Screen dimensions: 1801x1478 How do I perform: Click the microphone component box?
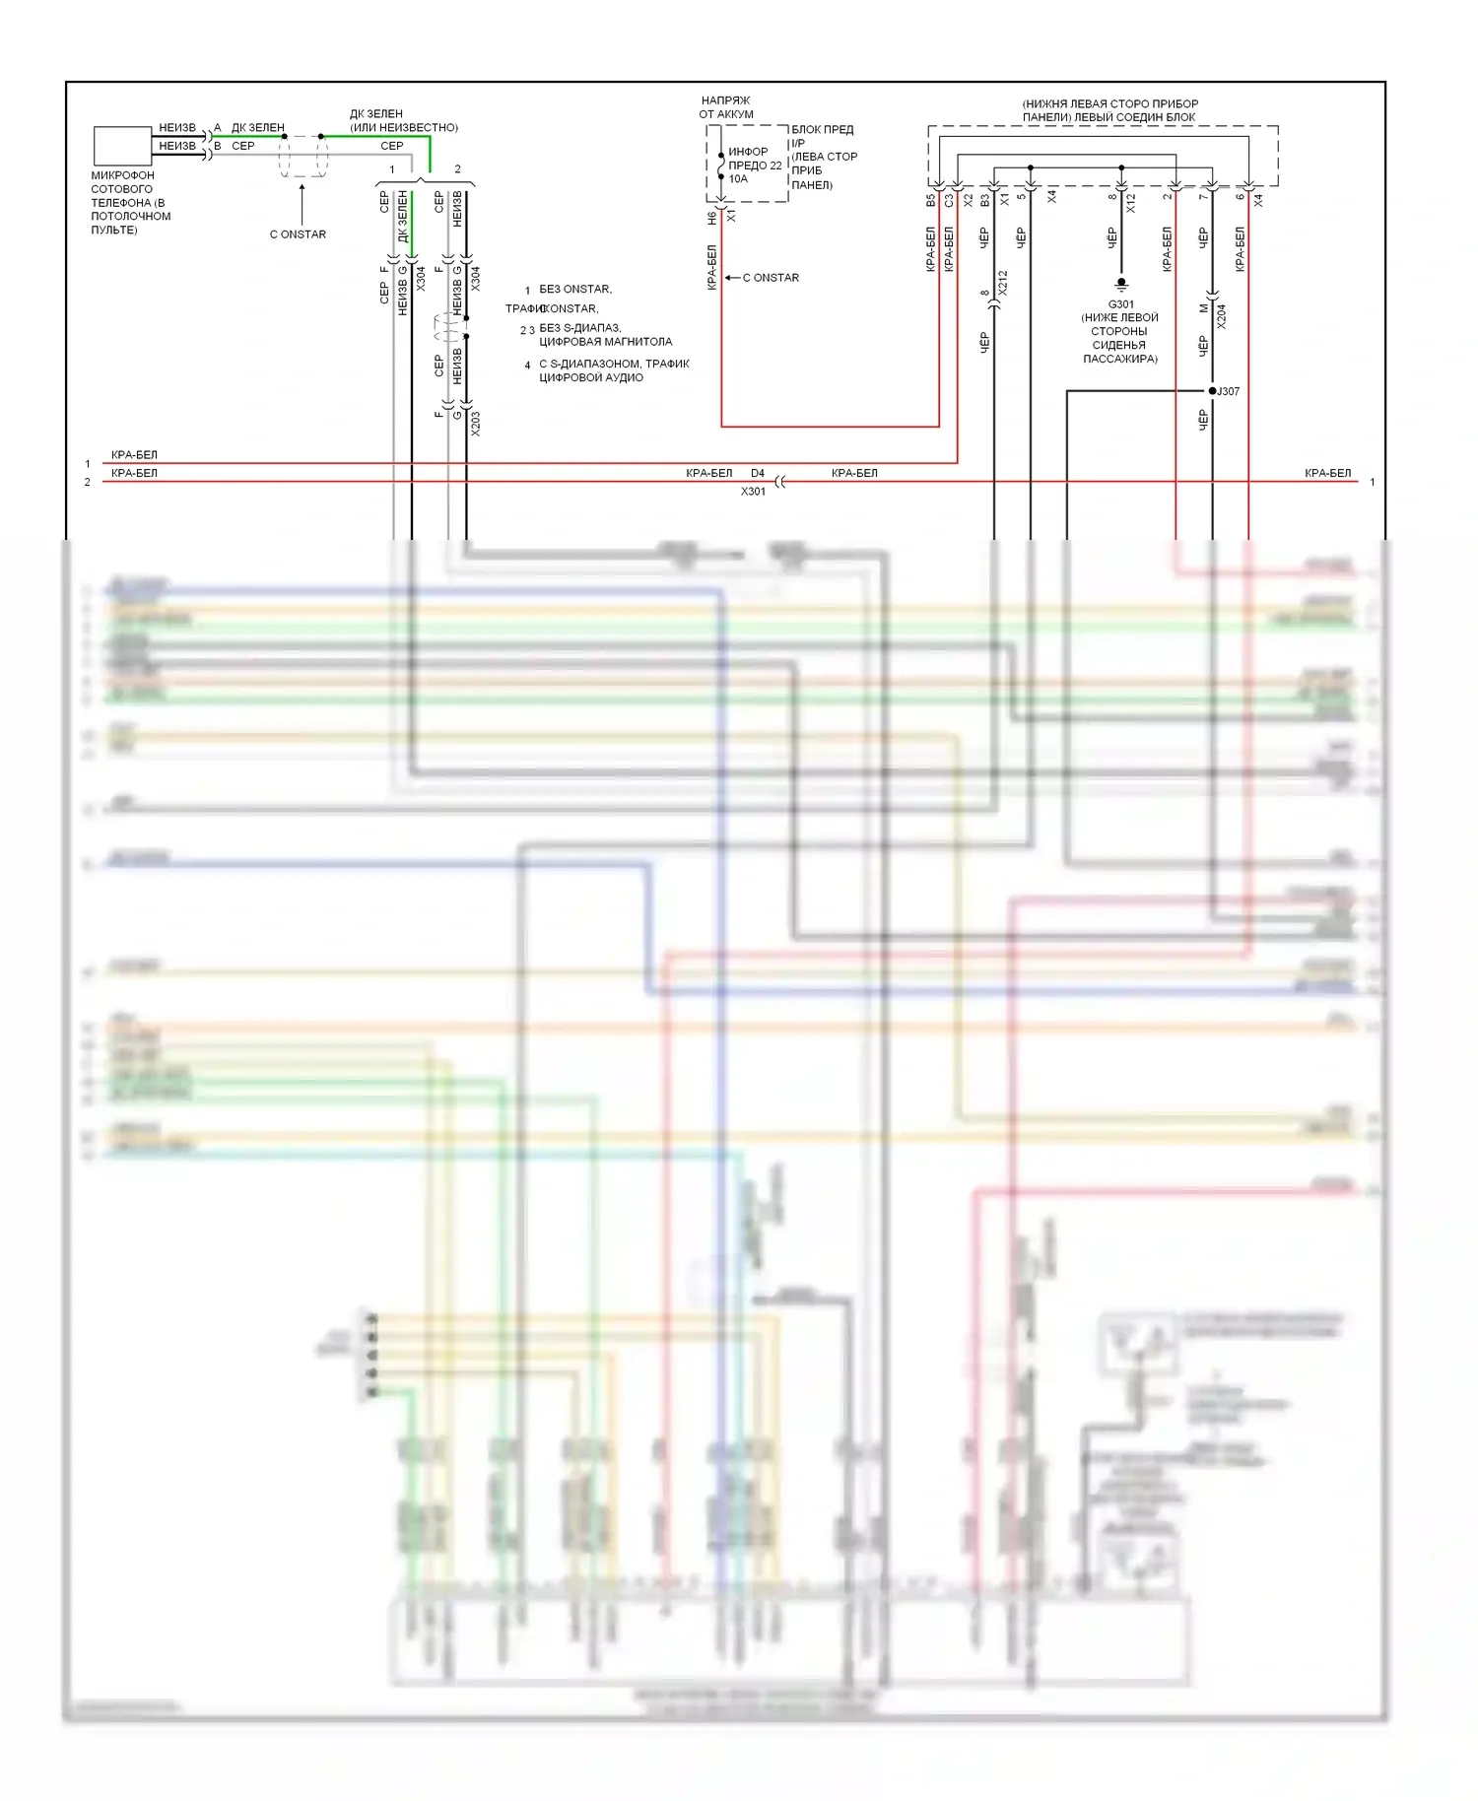tap(122, 146)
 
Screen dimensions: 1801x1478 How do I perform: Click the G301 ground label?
tap(1120, 304)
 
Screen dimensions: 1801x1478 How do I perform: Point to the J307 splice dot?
tap(1212, 391)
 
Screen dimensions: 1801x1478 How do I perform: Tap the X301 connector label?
tap(753, 492)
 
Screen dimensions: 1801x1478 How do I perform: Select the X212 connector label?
tap(1003, 284)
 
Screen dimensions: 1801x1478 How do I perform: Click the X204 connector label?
tap(1222, 315)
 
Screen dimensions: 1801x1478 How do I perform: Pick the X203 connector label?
tap(476, 423)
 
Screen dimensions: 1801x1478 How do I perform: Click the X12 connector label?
tap(1131, 203)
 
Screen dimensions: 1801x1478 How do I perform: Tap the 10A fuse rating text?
tap(738, 179)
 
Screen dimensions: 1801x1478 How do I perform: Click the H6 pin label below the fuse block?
tap(711, 218)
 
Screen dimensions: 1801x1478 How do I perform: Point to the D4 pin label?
tap(757, 474)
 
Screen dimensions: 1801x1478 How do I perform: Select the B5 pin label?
tap(930, 200)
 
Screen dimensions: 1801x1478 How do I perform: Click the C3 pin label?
tap(949, 200)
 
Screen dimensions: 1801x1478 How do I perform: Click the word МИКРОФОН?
tap(122, 175)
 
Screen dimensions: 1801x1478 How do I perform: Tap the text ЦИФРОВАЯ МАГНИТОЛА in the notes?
tap(605, 342)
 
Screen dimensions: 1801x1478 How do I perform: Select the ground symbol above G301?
tap(1121, 286)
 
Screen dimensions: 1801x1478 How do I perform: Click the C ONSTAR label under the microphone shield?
tap(298, 234)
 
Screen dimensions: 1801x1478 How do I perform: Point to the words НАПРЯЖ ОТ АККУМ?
tap(726, 107)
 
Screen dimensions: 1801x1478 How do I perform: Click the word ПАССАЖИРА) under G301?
tap(1120, 359)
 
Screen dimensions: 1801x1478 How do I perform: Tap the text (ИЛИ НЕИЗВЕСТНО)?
tap(404, 127)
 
